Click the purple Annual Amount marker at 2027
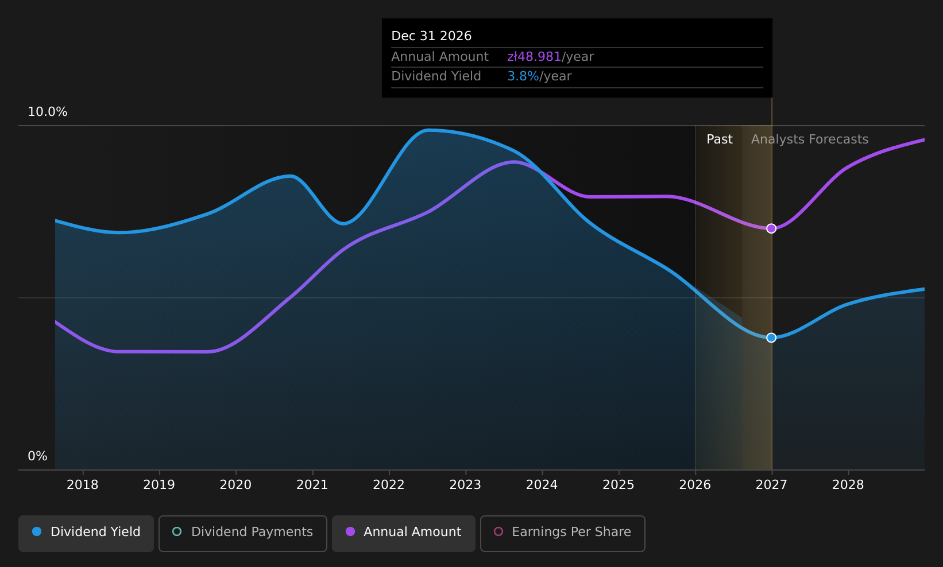[x=771, y=228]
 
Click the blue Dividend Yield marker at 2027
[x=771, y=338]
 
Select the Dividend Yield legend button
[x=86, y=533]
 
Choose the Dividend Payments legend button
[x=243, y=533]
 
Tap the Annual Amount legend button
[x=404, y=533]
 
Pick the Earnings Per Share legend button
[x=563, y=533]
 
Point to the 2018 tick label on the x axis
[x=83, y=485]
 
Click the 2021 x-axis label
[x=312, y=485]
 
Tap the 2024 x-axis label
[x=542, y=485]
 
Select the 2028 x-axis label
[x=848, y=485]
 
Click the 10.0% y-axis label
[x=48, y=112]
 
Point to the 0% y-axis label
[x=37, y=456]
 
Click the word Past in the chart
[x=720, y=139]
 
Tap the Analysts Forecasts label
[x=810, y=139]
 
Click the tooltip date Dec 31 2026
[x=431, y=36]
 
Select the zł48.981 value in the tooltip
[x=534, y=57]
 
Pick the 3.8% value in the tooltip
[x=523, y=76]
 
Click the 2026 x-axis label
[x=695, y=485]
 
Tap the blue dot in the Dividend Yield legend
[x=37, y=531]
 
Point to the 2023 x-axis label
[x=465, y=485]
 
